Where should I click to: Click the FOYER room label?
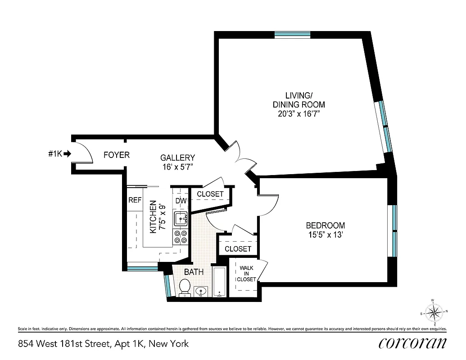pos(116,155)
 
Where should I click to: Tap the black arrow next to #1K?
pos(68,154)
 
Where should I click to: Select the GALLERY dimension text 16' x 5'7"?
pos(177,166)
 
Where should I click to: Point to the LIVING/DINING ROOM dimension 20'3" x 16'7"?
pos(299,114)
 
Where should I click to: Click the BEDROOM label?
pos(325,225)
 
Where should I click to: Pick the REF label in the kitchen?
pos(135,200)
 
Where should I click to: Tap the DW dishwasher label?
pos(181,201)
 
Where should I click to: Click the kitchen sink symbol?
pos(181,219)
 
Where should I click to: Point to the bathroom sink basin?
pos(201,292)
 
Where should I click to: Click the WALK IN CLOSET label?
pos(246,274)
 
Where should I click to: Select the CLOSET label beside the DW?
pos(210,194)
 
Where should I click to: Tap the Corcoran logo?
pos(412,343)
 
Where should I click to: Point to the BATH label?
pos(194,272)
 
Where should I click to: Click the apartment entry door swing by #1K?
pos(84,152)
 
